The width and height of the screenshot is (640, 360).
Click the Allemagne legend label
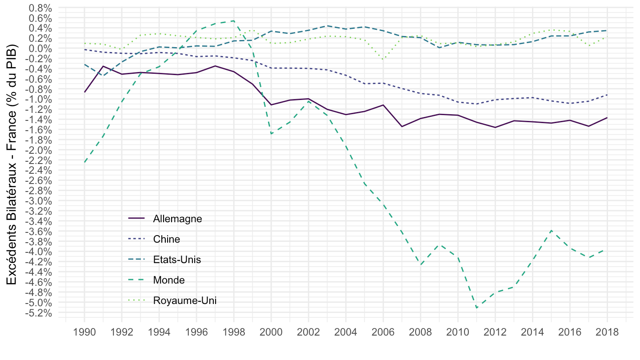pyautogui.click(x=177, y=219)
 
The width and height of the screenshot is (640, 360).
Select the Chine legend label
pyautogui.click(x=167, y=239)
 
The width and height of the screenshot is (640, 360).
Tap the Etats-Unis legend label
pyautogui.click(x=177, y=260)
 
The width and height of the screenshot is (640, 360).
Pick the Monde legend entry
pyautogui.click(x=168, y=280)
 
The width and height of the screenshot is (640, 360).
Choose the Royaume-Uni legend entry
pyautogui.click(x=185, y=300)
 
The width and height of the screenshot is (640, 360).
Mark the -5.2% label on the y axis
pyautogui.click(x=38, y=313)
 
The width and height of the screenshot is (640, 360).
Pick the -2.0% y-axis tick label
pyautogui.click(x=38, y=150)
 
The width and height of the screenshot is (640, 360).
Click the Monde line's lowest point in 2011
pyautogui.click(x=476, y=308)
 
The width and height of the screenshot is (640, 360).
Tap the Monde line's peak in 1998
pyautogui.click(x=234, y=21)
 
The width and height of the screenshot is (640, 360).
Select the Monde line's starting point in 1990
pyautogui.click(x=84, y=162)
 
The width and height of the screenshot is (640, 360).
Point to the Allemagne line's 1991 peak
pyautogui.click(x=103, y=66)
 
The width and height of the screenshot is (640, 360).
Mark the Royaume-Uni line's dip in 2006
pyautogui.click(x=383, y=59)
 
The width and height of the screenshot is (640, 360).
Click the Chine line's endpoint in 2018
pyautogui.click(x=607, y=95)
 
